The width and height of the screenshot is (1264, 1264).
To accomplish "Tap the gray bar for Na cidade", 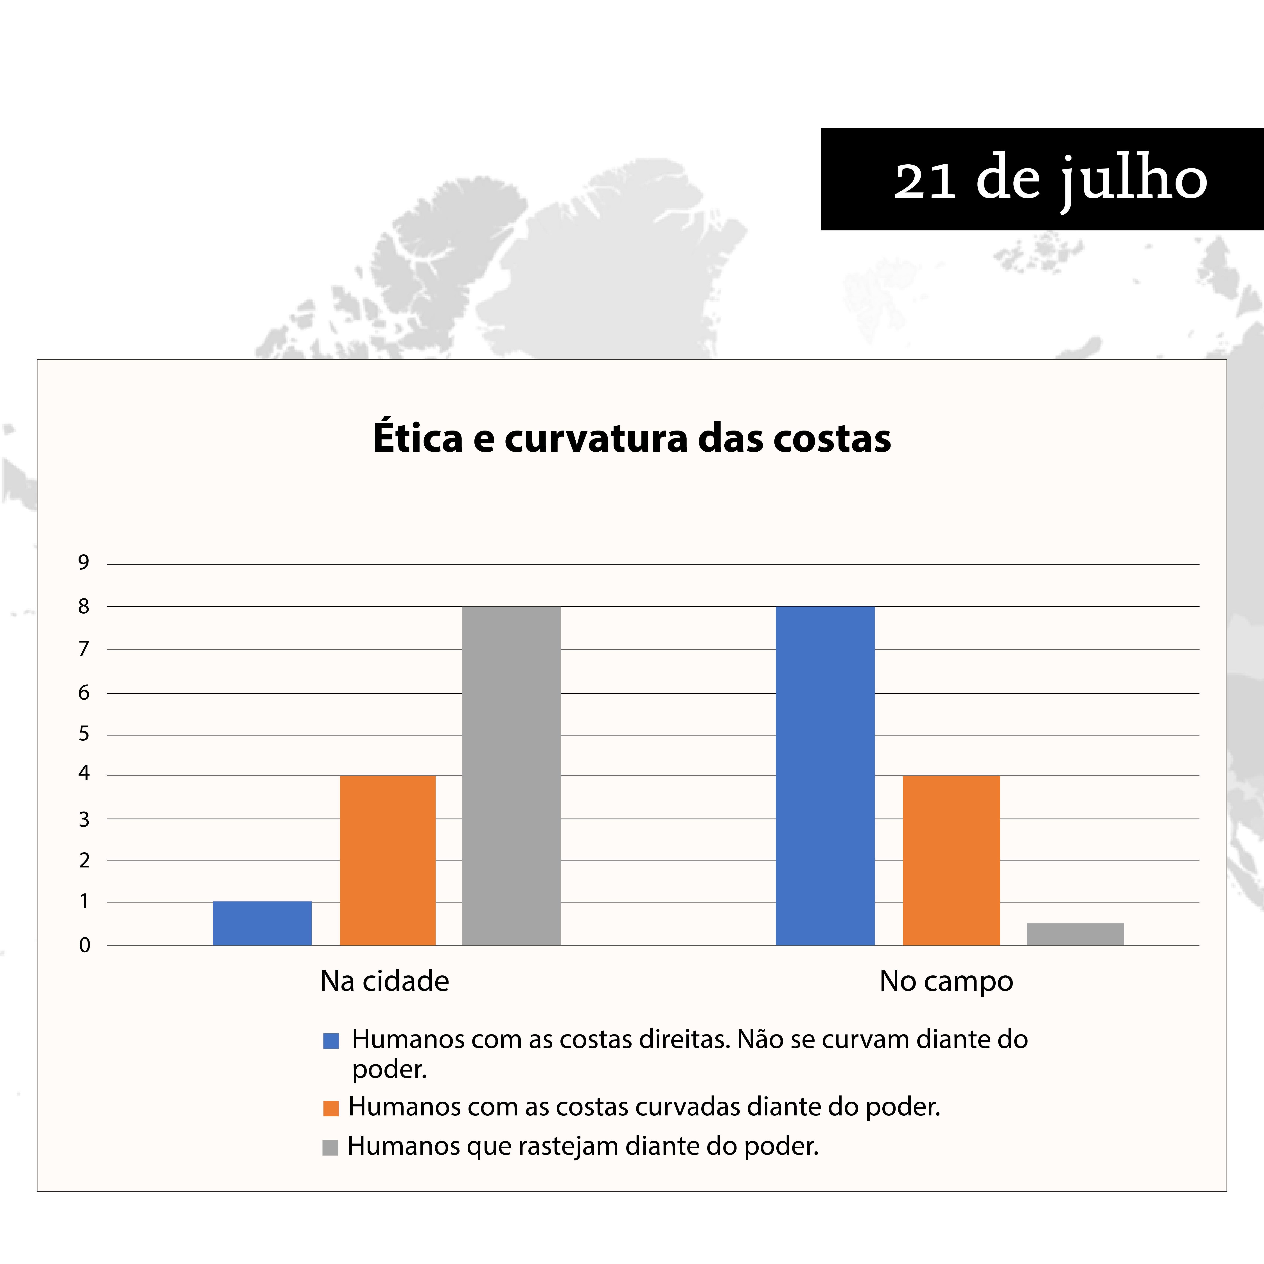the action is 512,776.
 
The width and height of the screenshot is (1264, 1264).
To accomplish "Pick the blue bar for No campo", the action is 825,776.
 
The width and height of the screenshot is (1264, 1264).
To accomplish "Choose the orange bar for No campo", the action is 951,860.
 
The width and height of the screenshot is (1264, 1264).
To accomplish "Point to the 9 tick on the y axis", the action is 84,562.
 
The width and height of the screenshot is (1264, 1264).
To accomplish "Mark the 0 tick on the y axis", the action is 84,945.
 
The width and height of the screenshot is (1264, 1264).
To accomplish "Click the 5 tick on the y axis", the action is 84,733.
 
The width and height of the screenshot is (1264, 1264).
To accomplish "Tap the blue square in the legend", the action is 331,1041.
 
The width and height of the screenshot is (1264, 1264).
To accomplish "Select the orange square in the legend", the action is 331,1108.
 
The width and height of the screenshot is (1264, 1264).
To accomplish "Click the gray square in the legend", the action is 330,1147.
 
